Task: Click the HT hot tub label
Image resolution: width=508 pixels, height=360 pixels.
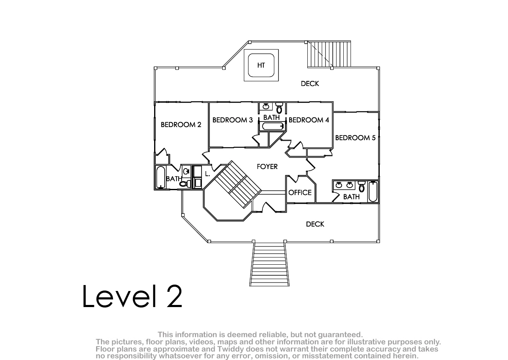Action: tap(261, 65)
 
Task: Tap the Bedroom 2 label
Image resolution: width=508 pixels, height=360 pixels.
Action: tap(181, 125)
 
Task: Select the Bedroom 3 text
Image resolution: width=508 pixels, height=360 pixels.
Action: tap(232, 120)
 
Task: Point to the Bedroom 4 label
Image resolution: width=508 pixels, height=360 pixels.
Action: tap(309, 120)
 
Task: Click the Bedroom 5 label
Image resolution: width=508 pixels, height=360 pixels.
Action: tap(355, 138)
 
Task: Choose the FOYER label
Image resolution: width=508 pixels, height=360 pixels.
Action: tap(267, 166)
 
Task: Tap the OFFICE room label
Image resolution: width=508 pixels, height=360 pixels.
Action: tap(300, 193)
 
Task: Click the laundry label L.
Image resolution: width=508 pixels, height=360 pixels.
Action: tap(207, 174)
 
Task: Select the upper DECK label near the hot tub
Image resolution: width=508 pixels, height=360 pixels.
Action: tap(310, 84)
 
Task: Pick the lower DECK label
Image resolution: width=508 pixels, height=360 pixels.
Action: tap(315, 224)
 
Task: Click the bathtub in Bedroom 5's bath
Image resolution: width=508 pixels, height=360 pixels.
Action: tap(373, 191)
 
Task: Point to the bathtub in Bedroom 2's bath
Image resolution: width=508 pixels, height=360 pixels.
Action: tap(160, 177)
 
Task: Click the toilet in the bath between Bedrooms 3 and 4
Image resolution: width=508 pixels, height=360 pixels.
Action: tap(279, 108)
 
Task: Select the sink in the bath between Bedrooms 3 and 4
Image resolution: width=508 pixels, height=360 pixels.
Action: tap(266, 106)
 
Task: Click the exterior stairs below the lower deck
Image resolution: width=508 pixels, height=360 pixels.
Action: tap(269, 265)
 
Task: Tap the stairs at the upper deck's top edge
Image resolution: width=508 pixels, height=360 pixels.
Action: tap(329, 54)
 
